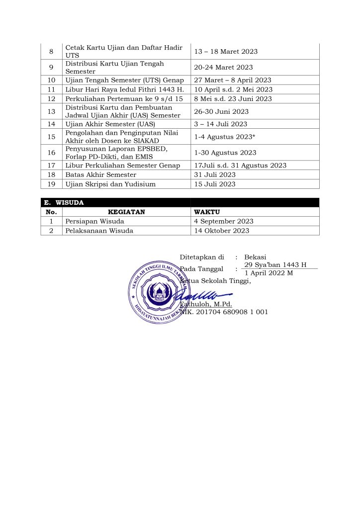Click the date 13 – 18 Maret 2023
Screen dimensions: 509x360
tap(226, 52)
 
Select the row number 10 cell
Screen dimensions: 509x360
tap(51, 80)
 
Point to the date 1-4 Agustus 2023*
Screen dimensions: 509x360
tap(225, 137)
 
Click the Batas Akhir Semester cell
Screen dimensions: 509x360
tap(101, 175)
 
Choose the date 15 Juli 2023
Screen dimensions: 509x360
tap(215, 184)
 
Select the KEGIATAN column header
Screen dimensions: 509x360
tap(126, 212)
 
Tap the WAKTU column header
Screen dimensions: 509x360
tap(206, 212)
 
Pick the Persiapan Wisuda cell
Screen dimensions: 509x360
tap(95, 221)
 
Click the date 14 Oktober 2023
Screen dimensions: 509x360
tap(222, 231)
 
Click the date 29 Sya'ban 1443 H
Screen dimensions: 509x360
tap(275, 265)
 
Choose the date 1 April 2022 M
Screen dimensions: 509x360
tap(269, 273)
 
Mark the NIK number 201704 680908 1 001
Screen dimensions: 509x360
tap(224, 312)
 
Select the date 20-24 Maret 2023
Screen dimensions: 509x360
tap(223, 67)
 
